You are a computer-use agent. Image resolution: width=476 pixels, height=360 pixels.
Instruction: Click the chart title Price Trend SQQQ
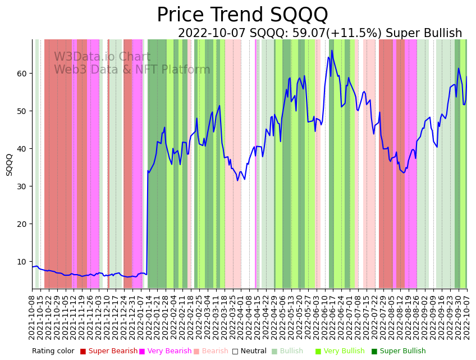(x=242, y=15)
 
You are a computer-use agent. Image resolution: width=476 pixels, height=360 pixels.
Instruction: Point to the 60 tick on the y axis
(x=22, y=74)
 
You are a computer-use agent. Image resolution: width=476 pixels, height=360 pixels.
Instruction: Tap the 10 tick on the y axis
(x=22, y=262)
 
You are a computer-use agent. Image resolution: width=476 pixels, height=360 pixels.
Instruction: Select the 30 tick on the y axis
(x=22, y=186)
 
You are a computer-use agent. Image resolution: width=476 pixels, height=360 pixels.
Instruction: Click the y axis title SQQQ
(x=10, y=165)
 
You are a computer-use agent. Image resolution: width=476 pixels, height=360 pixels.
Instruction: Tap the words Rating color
(x=53, y=352)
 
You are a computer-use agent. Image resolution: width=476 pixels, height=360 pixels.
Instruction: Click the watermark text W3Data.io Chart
(x=102, y=57)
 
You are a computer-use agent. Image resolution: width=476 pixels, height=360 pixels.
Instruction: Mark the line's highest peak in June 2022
(x=332, y=51)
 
